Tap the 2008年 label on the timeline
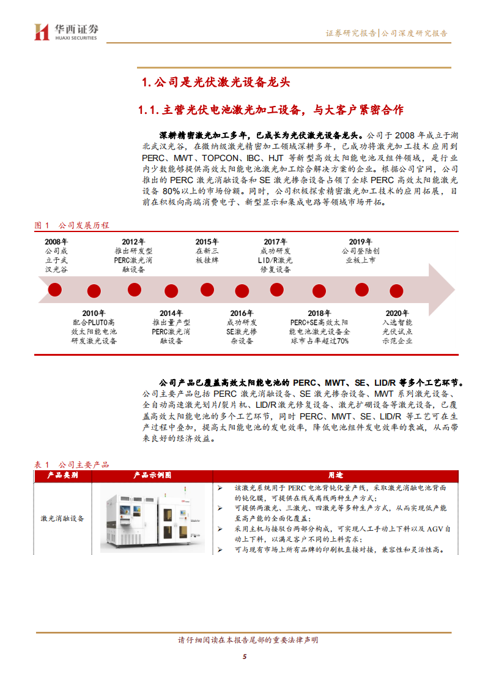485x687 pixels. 56,242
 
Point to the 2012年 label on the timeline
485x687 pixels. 133,242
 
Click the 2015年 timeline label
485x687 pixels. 207,242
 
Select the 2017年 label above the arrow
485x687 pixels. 276,242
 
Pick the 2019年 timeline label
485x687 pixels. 360,242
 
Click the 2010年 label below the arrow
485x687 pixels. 94,313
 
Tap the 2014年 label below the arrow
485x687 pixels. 171,313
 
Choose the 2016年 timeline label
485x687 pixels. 242,313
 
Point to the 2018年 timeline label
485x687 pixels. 319,313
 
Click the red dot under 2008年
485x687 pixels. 55,290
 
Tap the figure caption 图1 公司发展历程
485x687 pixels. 72,225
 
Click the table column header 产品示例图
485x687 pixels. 152,475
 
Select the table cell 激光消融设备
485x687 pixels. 62,518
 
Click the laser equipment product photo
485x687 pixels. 152,517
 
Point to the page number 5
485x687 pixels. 244,657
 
